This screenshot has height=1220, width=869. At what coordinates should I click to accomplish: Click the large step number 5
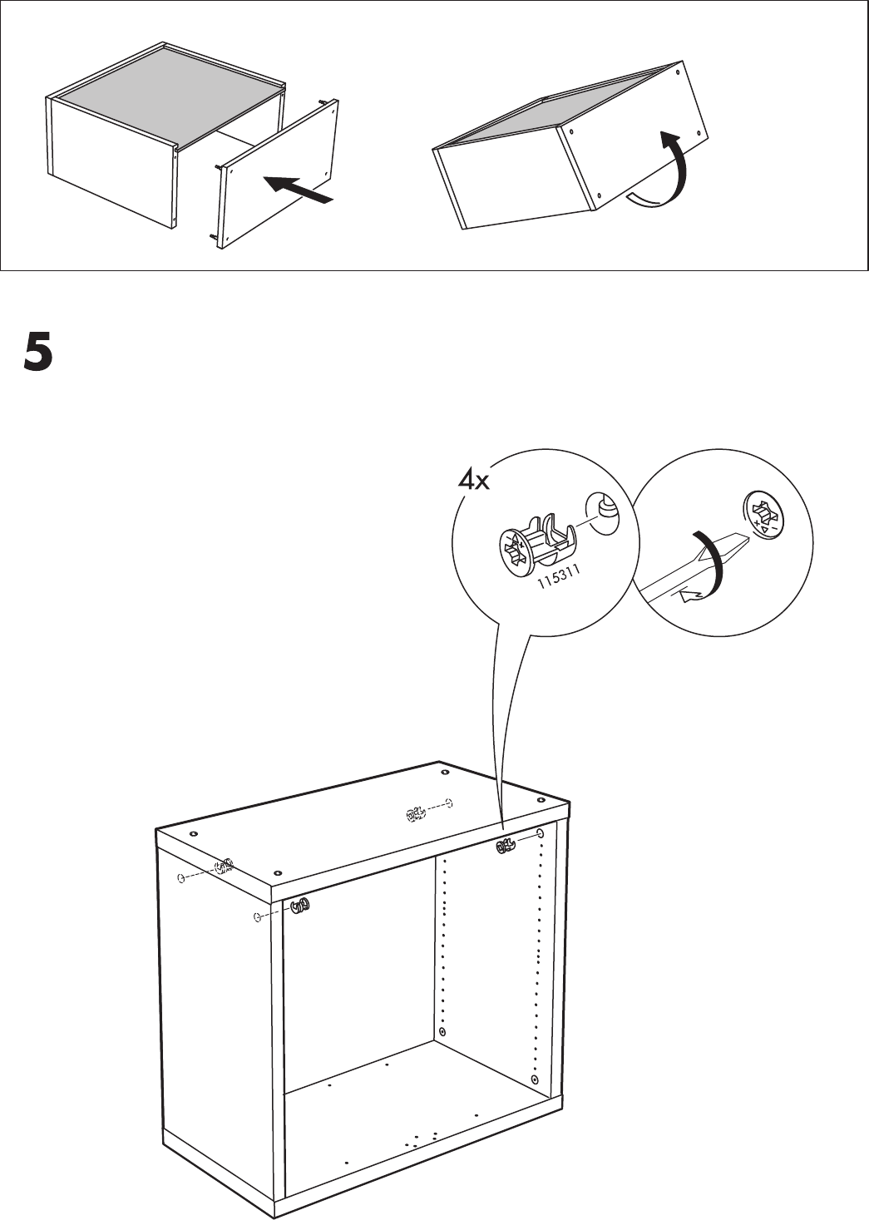[x=37, y=353]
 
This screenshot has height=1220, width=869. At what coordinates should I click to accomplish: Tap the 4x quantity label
[x=475, y=481]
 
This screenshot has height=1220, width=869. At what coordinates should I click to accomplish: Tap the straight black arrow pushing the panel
[x=299, y=190]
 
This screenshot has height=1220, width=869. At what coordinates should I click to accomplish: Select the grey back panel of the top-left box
[x=167, y=91]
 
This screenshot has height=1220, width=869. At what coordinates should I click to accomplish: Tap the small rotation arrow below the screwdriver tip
[x=690, y=594]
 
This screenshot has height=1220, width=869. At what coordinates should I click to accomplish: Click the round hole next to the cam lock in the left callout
[x=605, y=511]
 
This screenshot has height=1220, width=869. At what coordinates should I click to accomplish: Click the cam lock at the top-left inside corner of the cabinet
[x=300, y=907]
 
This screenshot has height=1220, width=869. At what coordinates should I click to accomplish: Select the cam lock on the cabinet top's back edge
[x=415, y=814]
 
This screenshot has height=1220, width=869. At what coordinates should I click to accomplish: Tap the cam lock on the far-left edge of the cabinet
[x=223, y=867]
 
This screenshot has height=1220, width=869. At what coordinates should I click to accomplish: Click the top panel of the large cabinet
[x=366, y=823]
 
